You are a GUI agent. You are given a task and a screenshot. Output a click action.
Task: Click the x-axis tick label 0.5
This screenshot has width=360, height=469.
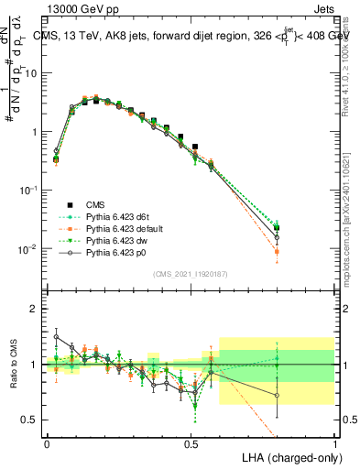pos(191,442)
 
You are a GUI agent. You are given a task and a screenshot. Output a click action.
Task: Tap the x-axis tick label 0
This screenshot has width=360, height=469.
pos(47,442)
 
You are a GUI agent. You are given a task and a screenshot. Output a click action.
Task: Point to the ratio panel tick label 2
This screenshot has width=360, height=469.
pos(34,309)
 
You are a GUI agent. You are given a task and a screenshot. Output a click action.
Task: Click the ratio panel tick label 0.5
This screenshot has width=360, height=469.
pos(30,420)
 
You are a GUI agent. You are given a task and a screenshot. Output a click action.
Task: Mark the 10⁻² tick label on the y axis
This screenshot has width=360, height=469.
pos(27,249)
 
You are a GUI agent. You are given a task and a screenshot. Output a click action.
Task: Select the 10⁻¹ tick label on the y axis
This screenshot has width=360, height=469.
pos(27,190)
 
